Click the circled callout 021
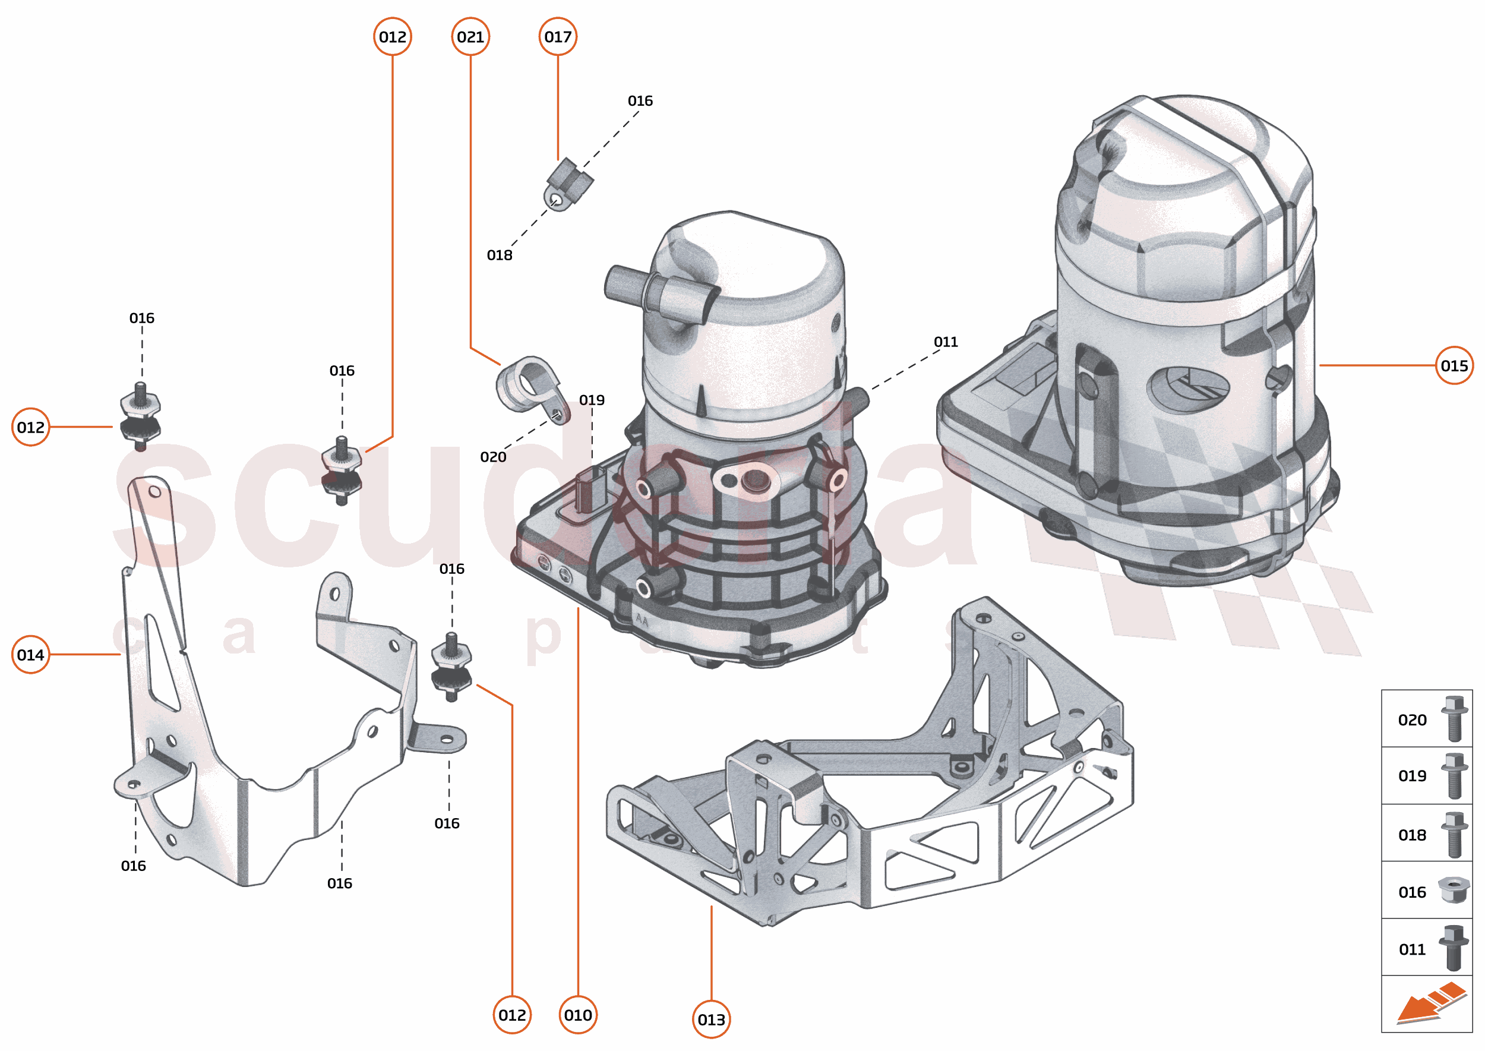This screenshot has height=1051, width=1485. pyautogui.click(x=470, y=37)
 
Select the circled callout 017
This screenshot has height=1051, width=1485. pyautogui.click(x=558, y=37)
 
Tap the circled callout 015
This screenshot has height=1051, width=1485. pyautogui.click(x=1454, y=365)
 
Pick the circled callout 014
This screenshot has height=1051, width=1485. pyautogui.click(x=30, y=655)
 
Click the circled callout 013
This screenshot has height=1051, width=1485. pyautogui.click(x=711, y=1020)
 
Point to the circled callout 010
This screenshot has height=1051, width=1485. pyautogui.click(x=578, y=1015)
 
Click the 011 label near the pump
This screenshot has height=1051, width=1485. pyautogui.click(x=946, y=342)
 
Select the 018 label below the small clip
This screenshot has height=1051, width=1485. pyautogui.click(x=500, y=255)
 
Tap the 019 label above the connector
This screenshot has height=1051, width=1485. pyautogui.click(x=592, y=400)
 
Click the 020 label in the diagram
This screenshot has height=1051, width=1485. pyautogui.click(x=493, y=457)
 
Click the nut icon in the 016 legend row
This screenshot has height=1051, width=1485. pyautogui.click(x=1454, y=891)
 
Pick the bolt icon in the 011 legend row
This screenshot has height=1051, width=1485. pyautogui.click(x=1454, y=948)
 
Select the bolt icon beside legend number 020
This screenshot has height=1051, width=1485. pyautogui.click(x=1454, y=719)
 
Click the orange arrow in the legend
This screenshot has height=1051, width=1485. pyautogui.click(x=1430, y=1003)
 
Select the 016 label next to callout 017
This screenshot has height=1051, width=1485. pyautogui.click(x=640, y=101)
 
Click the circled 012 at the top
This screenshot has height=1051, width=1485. pyautogui.click(x=393, y=37)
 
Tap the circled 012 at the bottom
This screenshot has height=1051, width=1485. pyautogui.click(x=512, y=1015)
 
